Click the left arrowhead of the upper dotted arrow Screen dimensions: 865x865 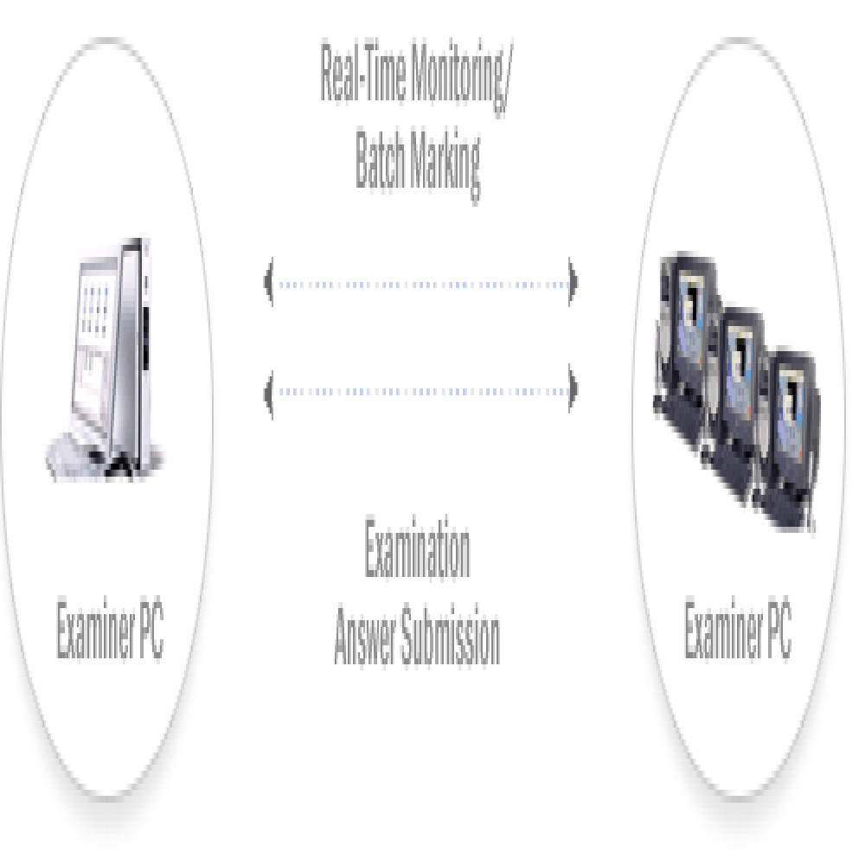tap(270, 283)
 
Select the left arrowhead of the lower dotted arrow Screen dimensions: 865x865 tap(270, 391)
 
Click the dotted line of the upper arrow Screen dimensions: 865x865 tap(421, 283)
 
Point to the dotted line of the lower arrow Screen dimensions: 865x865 tap(421, 391)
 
